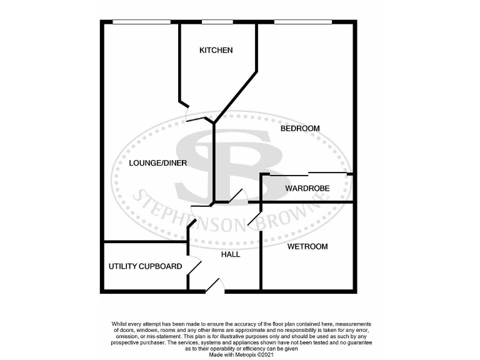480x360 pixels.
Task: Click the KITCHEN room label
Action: [x=216, y=50]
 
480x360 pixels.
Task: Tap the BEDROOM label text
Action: [x=299, y=128]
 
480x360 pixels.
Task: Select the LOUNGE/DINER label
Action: [x=157, y=163]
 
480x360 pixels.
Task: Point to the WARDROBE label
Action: [x=307, y=188]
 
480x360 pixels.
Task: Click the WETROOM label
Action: [x=307, y=246]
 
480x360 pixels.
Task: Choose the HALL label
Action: [x=231, y=254]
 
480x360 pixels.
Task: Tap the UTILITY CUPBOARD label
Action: [x=145, y=266]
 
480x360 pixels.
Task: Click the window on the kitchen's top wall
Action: [x=213, y=22]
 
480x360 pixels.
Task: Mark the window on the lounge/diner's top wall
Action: [x=141, y=22]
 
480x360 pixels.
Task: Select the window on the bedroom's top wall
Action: [x=302, y=22]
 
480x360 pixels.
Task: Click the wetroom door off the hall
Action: [x=254, y=220]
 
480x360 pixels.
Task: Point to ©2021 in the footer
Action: [x=264, y=355]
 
